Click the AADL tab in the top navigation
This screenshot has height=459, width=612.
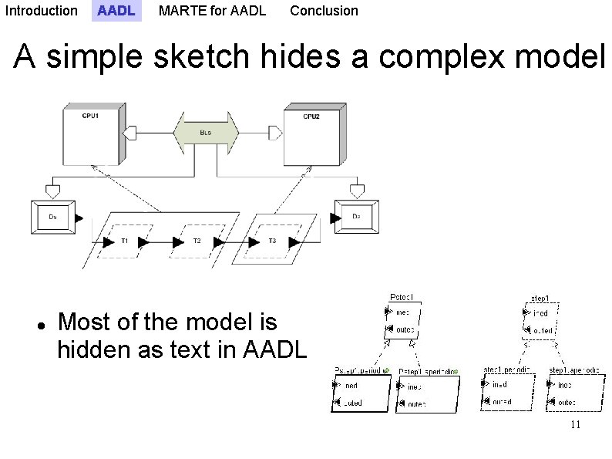pyautogui.click(x=116, y=11)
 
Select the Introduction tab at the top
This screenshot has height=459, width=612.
pyautogui.click(x=41, y=11)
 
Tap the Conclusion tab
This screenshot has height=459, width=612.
pyautogui.click(x=324, y=11)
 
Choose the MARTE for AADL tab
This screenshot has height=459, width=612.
pyautogui.click(x=212, y=11)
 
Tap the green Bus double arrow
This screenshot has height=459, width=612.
pyautogui.click(x=205, y=133)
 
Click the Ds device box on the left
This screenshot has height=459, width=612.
pyautogui.click(x=52, y=218)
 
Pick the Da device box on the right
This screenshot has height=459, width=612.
pyautogui.click(x=356, y=217)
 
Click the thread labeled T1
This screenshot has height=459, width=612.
pyautogui.click(x=125, y=241)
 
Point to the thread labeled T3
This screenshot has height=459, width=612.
pyautogui.click(x=272, y=241)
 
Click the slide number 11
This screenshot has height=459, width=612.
pyautogui.click(x=575, y=426)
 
